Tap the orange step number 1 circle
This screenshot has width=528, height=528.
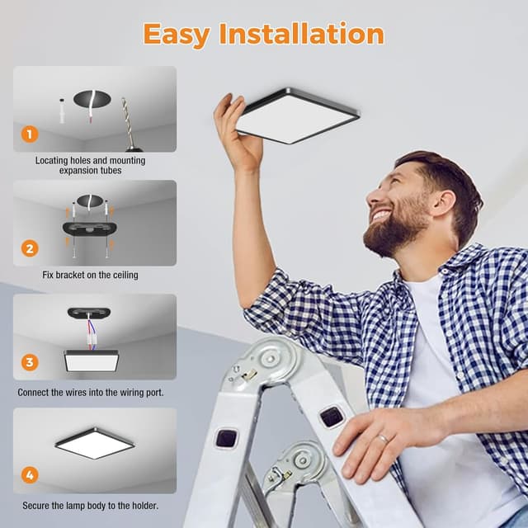point(30,134)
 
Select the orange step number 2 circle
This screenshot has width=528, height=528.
point(30,247)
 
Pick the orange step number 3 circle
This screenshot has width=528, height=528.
point(30,361)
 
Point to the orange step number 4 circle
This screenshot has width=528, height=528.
point(30,474)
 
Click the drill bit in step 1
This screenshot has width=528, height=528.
point(127,120)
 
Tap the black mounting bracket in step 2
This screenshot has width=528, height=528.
point(90,228)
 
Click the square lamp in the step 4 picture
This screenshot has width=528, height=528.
point(94,443)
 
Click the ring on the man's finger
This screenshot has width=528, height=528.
point(383,438)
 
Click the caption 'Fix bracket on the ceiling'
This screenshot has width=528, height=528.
point(90,274)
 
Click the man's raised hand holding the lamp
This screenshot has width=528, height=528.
point(235,132)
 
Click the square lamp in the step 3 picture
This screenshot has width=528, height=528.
point(91,360)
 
